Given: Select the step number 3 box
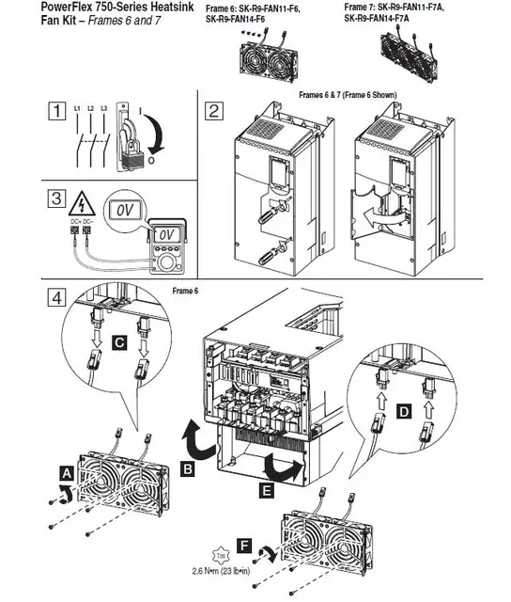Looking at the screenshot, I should coord(55,200).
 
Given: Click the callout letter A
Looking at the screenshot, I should coord(66,467).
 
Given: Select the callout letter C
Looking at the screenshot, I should coord(119,345).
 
